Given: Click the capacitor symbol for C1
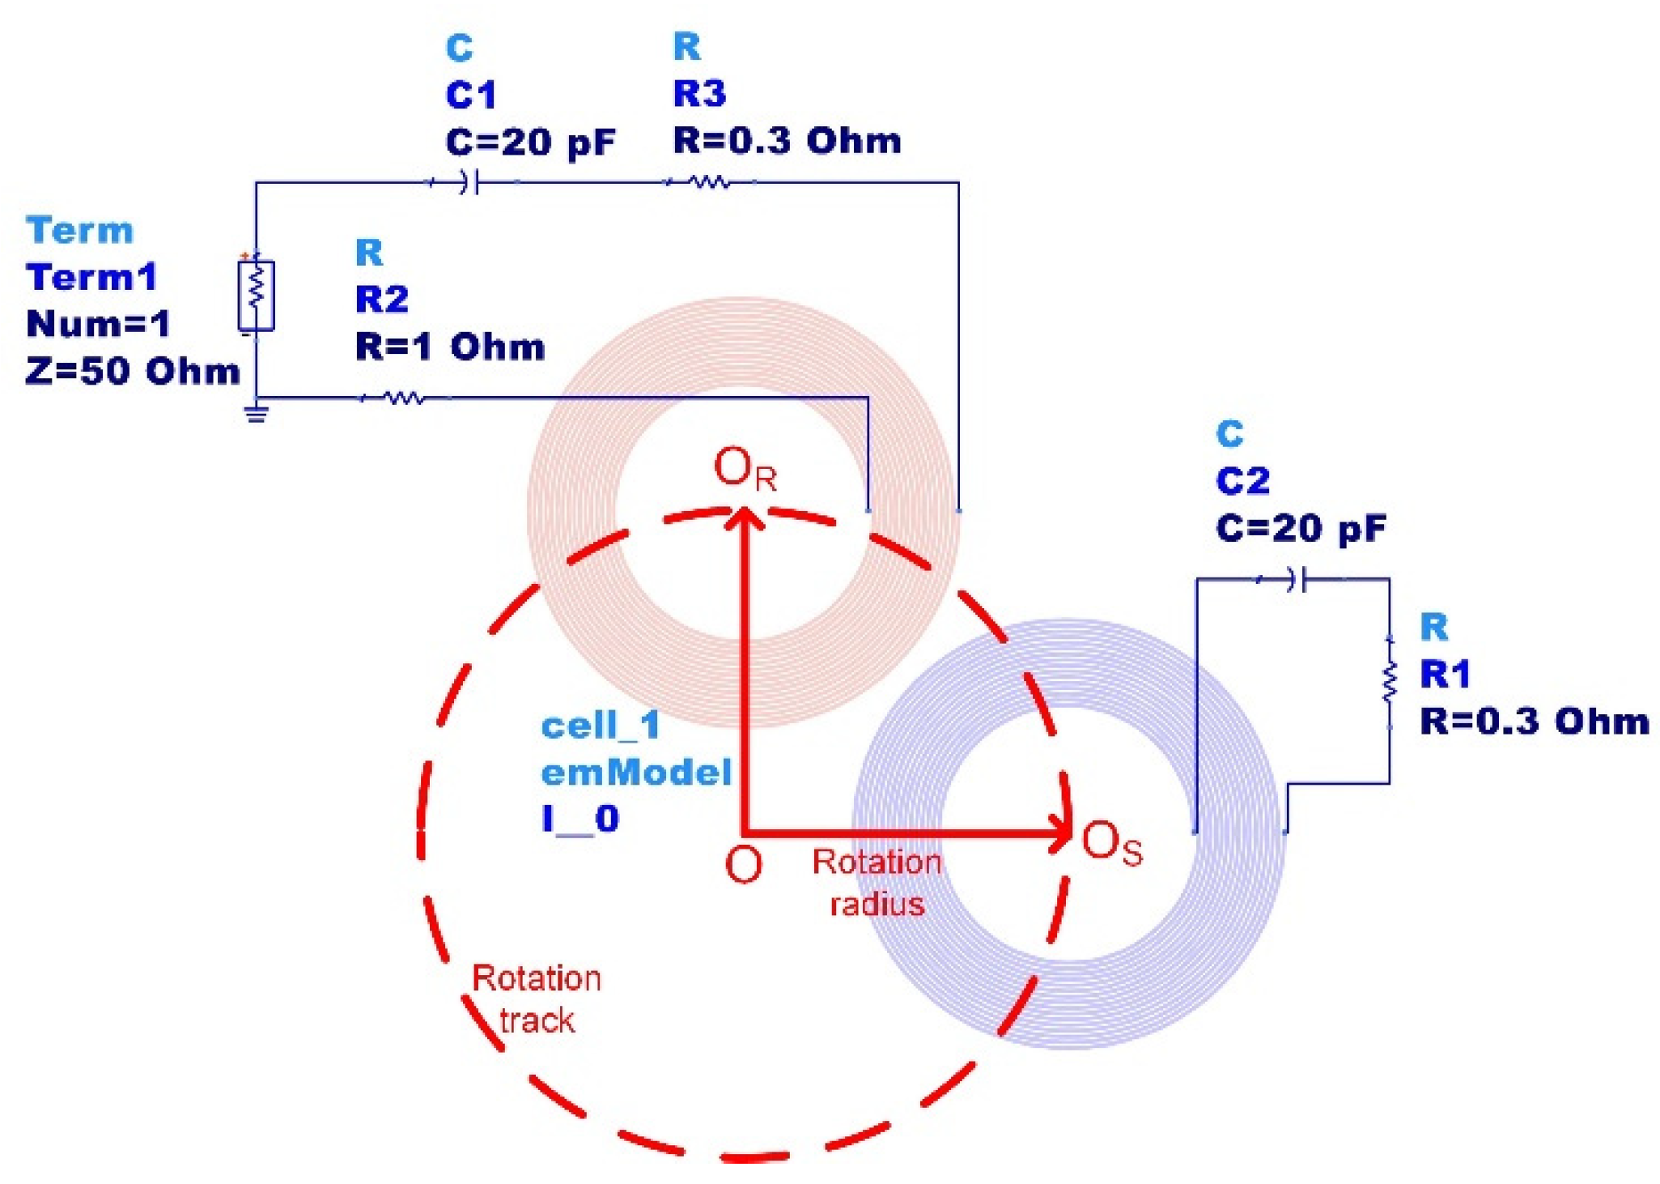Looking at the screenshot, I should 470,182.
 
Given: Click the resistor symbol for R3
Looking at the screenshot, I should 709,182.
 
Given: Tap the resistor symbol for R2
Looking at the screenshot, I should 402,398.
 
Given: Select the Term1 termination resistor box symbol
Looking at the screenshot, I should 256,295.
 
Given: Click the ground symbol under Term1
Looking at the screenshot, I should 257,414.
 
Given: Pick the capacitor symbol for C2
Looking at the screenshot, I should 1297,580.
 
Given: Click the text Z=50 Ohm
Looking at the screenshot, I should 133,371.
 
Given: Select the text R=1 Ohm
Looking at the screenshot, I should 449,347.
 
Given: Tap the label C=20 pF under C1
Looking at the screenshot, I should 530,143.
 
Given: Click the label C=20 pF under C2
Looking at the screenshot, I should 1300,529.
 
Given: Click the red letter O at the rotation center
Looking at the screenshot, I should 743,864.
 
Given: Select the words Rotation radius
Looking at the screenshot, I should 877,882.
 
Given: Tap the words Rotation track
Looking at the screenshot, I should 537,999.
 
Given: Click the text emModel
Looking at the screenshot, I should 636,772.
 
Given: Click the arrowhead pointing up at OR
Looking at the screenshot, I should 744,518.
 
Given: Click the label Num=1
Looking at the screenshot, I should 98,324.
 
